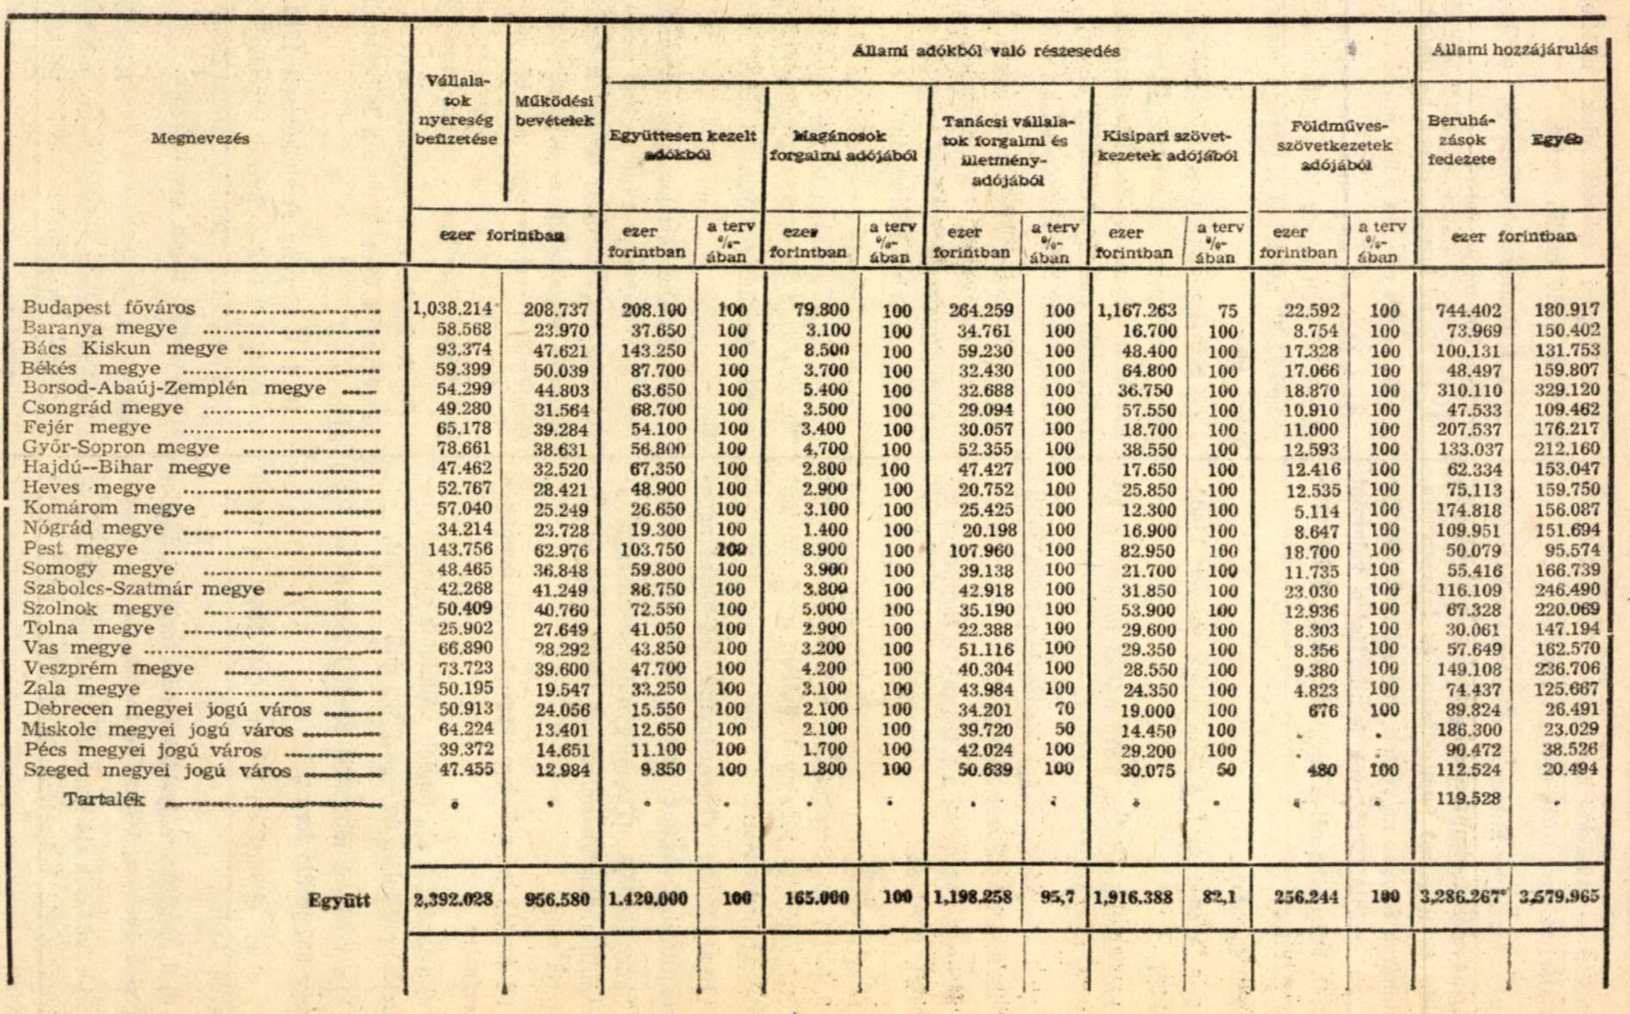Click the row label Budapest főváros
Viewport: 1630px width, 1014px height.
pos(109,308)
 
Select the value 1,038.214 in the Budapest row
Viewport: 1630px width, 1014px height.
pos(452,308)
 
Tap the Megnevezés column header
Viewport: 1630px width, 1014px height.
pos(200,139)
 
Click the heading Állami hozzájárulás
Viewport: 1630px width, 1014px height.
pos(1514,50)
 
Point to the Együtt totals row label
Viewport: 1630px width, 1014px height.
pos(339,900)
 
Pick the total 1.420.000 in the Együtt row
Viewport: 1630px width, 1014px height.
pos(648,899)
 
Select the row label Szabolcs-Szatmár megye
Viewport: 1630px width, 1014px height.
pos(143,589)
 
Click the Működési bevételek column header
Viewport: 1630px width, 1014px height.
pos(554,111)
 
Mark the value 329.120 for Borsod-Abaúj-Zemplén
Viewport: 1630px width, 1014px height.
pos(1567,389)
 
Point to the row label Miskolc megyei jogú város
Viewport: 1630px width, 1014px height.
pos(158,730)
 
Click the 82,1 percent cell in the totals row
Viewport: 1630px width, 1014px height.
pos(1219,898)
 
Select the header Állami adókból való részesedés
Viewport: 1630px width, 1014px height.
pos(986,51)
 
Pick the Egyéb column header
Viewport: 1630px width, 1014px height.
pos(1557,140)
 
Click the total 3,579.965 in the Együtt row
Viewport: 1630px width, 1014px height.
pos(1558,897)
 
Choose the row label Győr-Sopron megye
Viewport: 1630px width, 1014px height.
pos(121,448)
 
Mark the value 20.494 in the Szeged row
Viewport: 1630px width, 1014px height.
pos(1571,769)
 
